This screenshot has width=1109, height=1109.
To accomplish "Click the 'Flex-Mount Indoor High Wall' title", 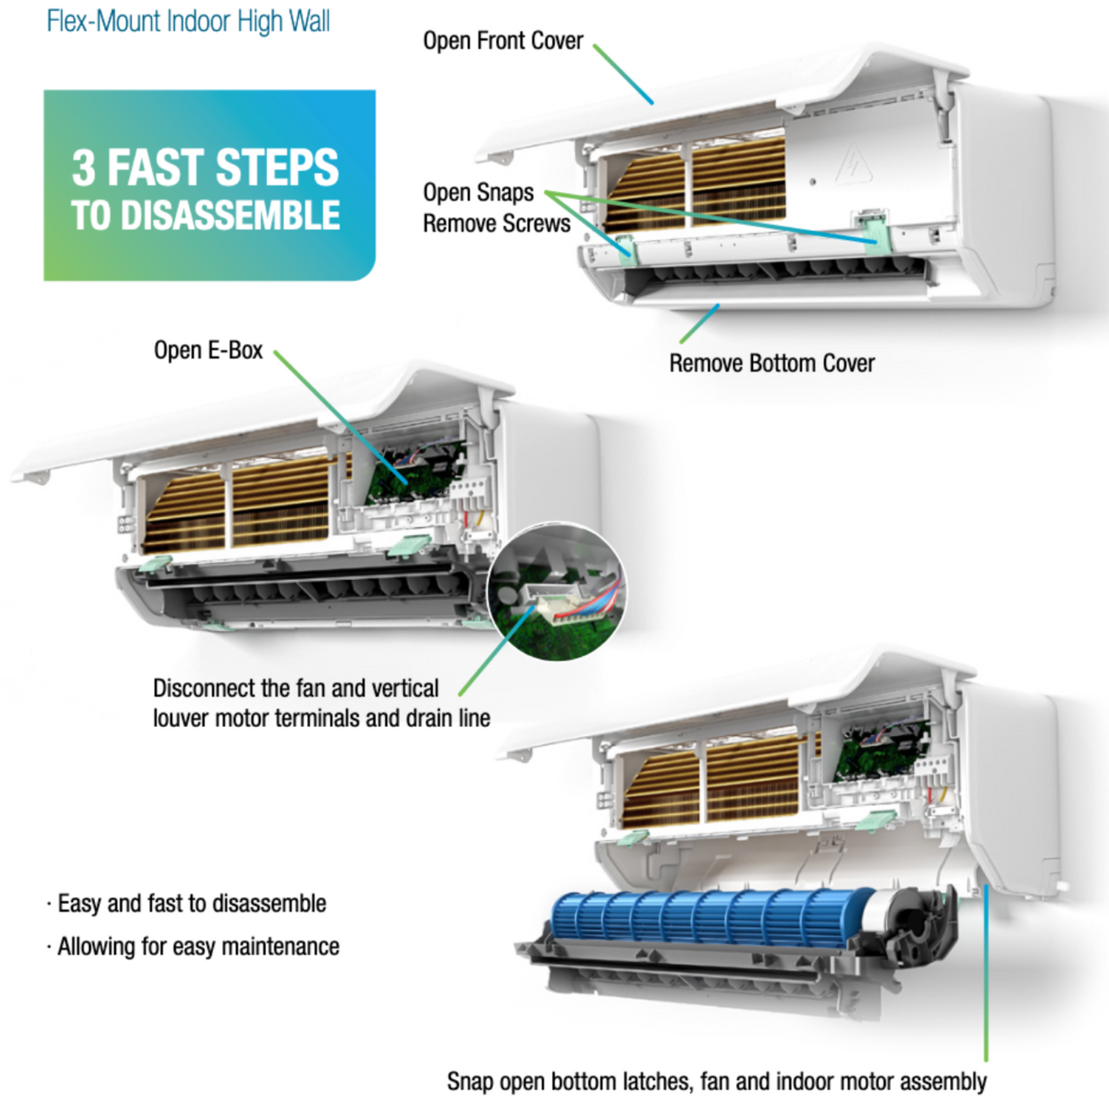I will [188, 21].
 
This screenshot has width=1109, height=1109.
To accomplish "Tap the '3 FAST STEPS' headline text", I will [205, 167].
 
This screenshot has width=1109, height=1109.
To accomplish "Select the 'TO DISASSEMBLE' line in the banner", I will [205, 216].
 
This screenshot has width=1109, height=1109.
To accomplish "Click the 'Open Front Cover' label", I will [503, 41].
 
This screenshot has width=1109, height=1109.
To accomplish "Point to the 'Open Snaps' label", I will [478, 192].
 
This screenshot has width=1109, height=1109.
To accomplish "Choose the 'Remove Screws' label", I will [497, 223].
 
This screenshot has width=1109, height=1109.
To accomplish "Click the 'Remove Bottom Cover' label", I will [771, 363].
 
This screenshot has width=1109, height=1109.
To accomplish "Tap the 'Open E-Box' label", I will [208, 350].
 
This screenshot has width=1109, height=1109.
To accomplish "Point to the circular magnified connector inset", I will [556, 592].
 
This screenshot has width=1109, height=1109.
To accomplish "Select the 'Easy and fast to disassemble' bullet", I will [192, 903].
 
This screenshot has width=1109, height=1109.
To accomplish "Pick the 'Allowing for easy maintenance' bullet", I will [198, 946].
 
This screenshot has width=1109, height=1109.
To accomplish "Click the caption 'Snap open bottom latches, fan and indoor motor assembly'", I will [716, 1081].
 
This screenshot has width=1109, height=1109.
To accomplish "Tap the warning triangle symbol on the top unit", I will [852, 163].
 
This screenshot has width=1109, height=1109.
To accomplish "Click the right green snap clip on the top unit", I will [873, 229].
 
